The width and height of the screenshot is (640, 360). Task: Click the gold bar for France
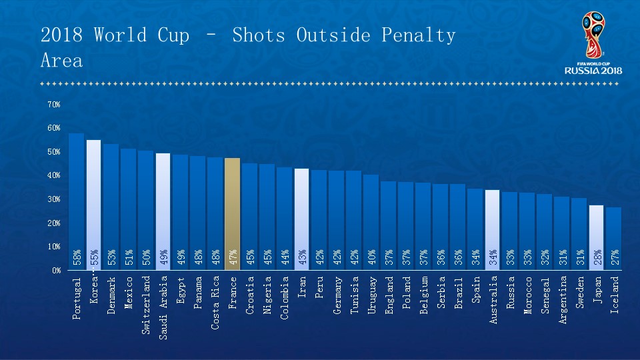(x=232, y=213)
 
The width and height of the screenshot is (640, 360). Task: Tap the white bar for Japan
(x=596, y=237)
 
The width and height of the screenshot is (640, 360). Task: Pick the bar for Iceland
(x=613, y=238)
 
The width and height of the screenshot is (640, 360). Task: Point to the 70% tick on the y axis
(x=54, y=105)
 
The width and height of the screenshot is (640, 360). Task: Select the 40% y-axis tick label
(x=54, y=175)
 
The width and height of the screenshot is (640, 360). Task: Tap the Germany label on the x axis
(x=337, y=296)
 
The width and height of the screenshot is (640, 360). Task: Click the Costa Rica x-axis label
(x=215, y=303)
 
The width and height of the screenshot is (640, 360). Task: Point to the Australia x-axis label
(x=493, y=300)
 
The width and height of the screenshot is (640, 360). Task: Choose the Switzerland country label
(x=146, y=305)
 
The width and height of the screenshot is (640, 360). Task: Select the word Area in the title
(x=62, y=61)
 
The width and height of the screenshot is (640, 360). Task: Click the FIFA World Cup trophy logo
(x=592, y=35)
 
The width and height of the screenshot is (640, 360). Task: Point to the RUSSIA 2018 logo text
(x=593, y=70)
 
